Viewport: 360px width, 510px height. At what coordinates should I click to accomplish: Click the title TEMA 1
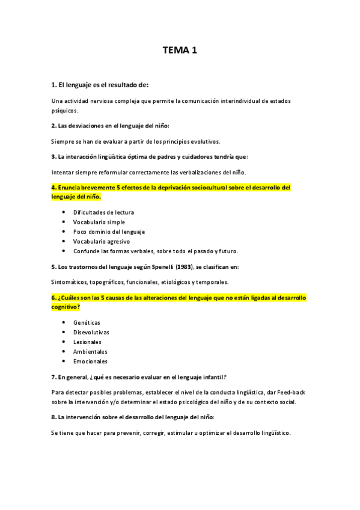point(180,51)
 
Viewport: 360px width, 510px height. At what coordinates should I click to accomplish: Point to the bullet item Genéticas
point(87,322)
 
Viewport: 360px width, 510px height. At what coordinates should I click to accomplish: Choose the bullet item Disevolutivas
point(91,332)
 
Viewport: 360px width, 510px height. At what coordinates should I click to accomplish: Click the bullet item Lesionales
point(88,342)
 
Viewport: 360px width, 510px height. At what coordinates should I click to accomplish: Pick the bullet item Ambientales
point(90,351)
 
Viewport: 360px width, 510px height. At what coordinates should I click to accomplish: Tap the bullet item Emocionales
point(90,361)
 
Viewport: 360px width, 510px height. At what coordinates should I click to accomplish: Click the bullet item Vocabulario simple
point(99,222)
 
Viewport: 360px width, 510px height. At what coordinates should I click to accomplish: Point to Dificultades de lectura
point(103,212)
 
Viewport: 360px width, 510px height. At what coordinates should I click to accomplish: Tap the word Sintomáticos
point(70,282)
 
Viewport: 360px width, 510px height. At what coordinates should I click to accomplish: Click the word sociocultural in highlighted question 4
point(198,188)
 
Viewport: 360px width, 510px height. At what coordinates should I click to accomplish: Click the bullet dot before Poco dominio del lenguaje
point(64,232)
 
